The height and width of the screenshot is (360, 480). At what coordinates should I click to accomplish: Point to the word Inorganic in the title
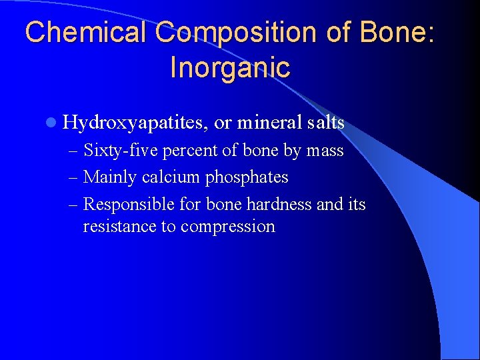[x=230, y=67]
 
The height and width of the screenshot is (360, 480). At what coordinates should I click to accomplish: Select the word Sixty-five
[x=121, y=151]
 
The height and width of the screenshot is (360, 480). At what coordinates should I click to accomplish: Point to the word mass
[x=325, y=151]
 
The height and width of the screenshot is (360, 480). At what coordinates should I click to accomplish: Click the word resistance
[x=119, y=226]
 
